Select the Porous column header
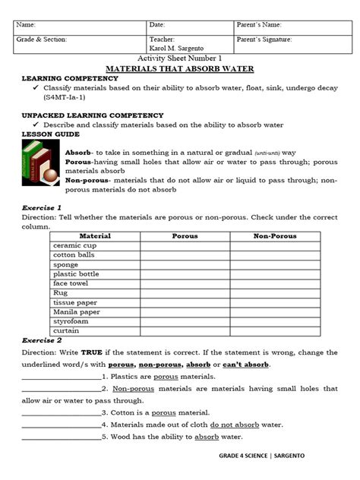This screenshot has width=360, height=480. tap(185, 236)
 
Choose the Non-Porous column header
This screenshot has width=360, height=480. tap(276, 236)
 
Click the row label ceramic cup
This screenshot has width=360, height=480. tap(73, 245)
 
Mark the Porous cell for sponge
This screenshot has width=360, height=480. tap(185, 264)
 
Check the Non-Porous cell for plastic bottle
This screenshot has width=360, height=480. tap(276, 273)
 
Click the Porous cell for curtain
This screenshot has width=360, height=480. tap(185, 330)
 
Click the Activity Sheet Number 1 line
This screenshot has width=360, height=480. tap(179, 58)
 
